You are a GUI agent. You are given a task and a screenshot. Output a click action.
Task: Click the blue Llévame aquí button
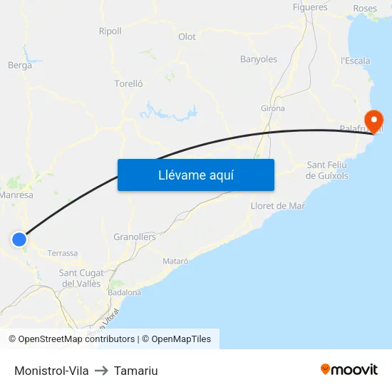(x=196, y=175)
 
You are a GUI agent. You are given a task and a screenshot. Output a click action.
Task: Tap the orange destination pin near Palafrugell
(x=373, y=120)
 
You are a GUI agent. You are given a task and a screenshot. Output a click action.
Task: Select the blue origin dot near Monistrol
(x=19, y=239)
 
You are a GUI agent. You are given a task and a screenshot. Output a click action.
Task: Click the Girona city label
(x=273, y=108)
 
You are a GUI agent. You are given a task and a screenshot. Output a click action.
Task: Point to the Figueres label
(x=310, y=7)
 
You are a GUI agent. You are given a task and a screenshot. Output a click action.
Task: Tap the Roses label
(x=365, y=9)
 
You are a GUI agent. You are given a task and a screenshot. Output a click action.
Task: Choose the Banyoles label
(x=259, y=59)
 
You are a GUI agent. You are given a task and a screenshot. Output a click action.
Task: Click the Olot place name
(x=187, y=36)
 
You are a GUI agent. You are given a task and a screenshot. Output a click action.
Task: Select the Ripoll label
(x=110, y=31)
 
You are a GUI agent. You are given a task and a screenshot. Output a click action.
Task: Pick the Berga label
(x=19, y=66)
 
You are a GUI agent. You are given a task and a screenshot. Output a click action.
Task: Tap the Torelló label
(x=129, y=83)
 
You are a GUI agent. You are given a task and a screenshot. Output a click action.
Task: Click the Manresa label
(x=17, y=195)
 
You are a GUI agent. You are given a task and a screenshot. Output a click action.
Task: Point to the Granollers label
(x=135, y=237)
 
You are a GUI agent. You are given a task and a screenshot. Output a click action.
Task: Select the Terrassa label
(x=63, y=253)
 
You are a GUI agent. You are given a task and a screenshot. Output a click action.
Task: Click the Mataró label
(x=175, y=261)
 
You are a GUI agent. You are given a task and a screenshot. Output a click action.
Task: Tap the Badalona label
(x=125, y=292)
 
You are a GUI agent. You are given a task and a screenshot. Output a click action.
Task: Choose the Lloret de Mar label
(x=278, y=206)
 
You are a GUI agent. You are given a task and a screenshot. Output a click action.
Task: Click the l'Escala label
(x=356, y=61)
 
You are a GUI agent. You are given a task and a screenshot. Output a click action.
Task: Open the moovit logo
(x=349, y=370)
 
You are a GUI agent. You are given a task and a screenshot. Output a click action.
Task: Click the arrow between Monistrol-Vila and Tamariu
(x=101, y=371)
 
